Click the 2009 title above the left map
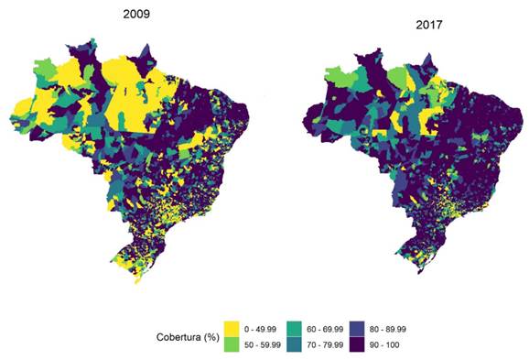138,15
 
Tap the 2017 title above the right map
425,25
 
